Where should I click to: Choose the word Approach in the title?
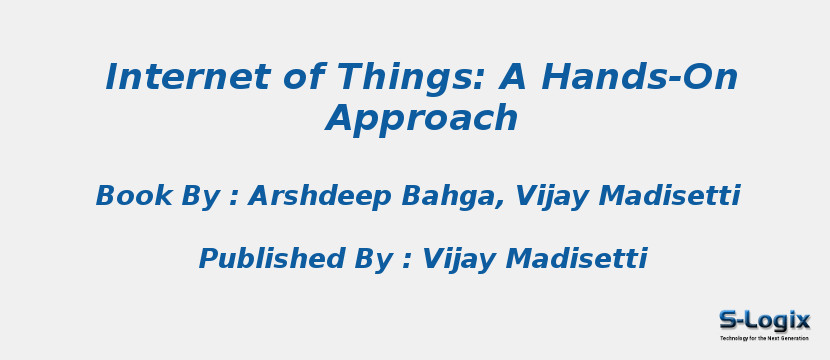422,119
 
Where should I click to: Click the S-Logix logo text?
764,320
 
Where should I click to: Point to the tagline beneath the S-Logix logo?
764,338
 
